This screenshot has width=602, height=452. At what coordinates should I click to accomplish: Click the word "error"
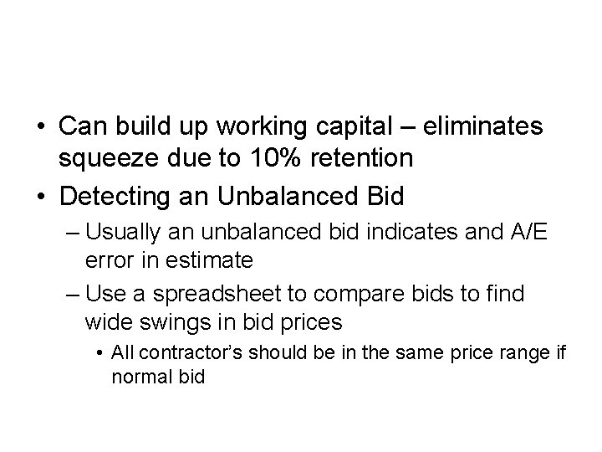[x=106, y=260]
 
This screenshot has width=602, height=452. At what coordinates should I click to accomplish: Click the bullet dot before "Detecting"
[x=41, y=198]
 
